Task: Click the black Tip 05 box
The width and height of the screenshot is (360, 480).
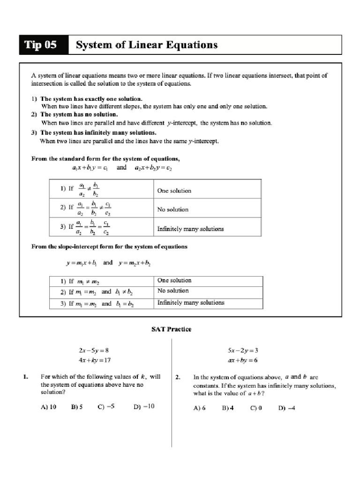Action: [43, 45]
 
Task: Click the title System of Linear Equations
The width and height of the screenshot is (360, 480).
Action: [147, 45]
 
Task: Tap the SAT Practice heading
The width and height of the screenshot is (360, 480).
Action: [171, 329]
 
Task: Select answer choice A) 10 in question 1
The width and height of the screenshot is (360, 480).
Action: [48, 407]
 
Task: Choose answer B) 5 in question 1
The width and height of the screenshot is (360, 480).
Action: [77, 407]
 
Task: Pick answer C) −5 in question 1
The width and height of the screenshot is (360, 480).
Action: [106, 407]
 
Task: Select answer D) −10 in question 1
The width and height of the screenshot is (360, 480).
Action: [143, 407]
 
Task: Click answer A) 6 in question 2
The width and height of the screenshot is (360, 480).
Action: [200, 408]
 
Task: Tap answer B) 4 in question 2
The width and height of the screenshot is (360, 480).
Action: [228, 408]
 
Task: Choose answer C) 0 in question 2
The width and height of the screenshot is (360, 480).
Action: [256, 408]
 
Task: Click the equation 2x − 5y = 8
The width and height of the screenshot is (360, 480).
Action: [94, 350]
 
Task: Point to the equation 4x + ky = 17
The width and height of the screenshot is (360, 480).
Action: [95, 360]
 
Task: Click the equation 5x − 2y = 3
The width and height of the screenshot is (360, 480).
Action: [243, 350]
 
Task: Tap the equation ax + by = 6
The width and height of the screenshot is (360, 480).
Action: [243, 360]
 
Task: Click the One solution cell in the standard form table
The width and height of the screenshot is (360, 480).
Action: [174, 191]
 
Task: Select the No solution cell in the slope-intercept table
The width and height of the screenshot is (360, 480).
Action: [173, 291]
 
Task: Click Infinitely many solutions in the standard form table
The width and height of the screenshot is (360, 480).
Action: [190, 229]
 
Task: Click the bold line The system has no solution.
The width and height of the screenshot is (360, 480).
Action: [79, 114]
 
